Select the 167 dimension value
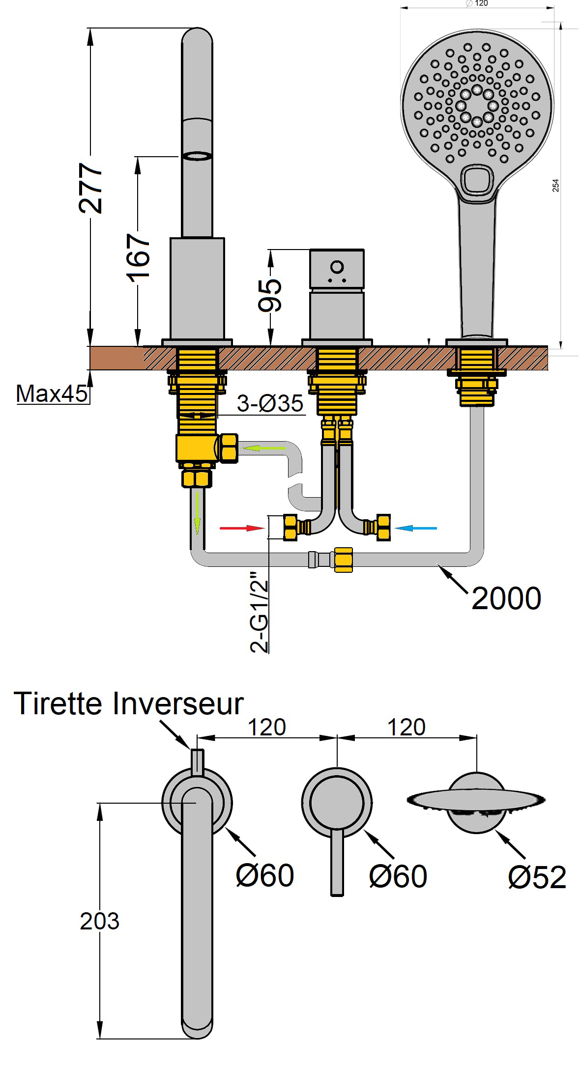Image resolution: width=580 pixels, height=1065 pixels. pyautogui.click(x=138, y=256)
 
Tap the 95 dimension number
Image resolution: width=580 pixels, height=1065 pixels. pyautogui.click(x=270, y=295)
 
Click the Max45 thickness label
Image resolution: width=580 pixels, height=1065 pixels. pyautogui.click(x=51, y=393)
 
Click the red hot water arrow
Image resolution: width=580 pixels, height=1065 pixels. pyautogui.click(x=242, y=528)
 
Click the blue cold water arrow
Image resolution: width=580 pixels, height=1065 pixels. pyautogui.click(x=416, y=528)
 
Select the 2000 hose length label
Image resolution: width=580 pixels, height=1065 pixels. pyautogui.click(x=506, y=598)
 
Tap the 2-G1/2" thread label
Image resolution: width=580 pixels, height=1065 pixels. pyautogui.click(x=260, y=611)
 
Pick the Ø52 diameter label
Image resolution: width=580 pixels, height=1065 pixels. pyautogui.click(x=537, y=877)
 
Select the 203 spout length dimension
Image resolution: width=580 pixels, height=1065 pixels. pyautogui.click(x=100, y=921)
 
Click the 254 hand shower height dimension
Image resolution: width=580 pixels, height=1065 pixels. pyautogui.click(x=556, y=186)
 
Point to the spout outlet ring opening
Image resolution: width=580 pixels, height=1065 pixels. pyautogui.click(x=197, y=156)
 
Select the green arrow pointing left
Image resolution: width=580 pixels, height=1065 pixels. pyautogui.click(x=261, y=448)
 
